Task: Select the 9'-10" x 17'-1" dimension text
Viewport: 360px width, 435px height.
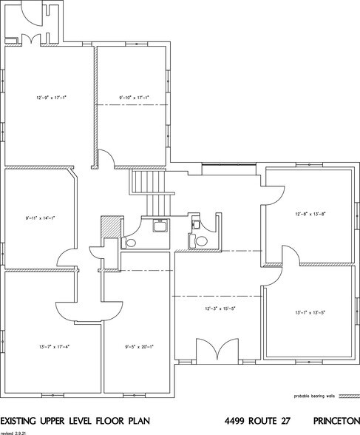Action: pos(133,97)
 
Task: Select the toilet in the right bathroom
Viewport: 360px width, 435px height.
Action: pos(197,240)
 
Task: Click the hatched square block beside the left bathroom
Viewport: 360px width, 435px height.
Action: pos(109,225)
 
